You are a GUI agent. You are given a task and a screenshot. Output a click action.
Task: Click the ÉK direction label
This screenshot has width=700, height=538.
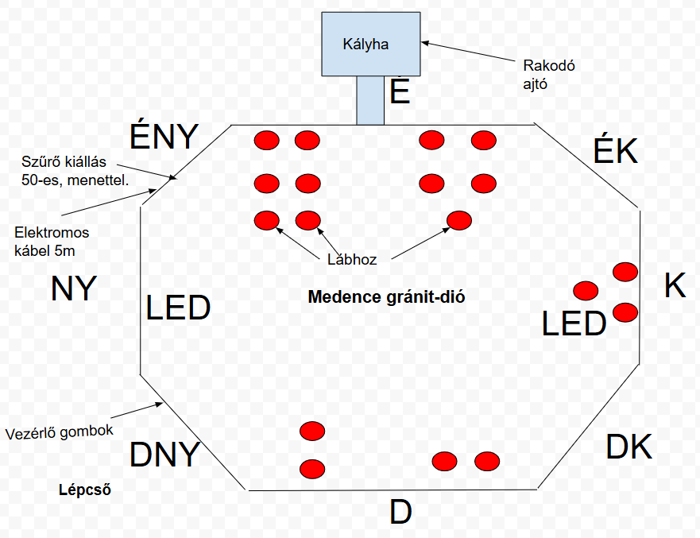click(x=616, y=150)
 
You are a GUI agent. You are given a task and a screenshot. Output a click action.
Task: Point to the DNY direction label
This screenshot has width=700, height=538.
click(x=164, y=455)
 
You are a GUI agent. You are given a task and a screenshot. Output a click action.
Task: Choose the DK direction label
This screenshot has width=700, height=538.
click(x=628, y=447)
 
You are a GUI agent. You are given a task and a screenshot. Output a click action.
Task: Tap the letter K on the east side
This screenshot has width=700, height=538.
click(x=675, y=286)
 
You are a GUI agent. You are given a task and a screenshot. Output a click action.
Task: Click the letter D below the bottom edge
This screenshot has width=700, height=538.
click(x=401, y=513)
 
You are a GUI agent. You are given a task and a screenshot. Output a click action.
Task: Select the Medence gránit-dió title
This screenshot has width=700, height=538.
click(x=386, y=298)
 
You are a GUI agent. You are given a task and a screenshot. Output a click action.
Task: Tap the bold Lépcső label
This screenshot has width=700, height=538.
click(x=85, y=490)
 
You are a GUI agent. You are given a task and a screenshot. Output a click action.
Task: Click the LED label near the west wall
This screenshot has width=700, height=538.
click(x=178, y=308)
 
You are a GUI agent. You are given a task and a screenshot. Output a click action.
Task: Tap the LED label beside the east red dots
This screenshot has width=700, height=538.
click(x=574, y=324)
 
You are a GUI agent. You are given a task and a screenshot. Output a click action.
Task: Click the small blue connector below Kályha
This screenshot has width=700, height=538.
click(x=370, y=100)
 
